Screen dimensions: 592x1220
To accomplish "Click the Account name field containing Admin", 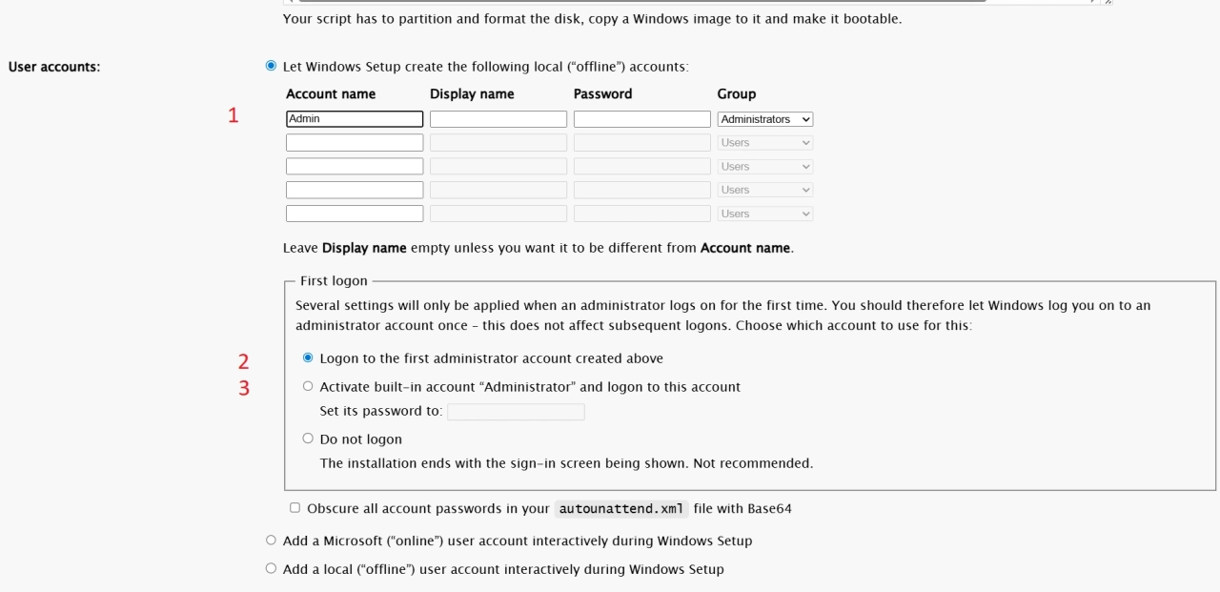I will click(x=354, y=119).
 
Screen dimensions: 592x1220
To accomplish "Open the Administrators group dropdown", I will click(x=764, y=119).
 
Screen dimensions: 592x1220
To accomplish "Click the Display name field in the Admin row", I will click(x=498, y=119).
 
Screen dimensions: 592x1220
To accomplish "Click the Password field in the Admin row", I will click(x=641, y=119).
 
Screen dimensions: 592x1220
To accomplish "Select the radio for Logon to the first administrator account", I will click(x=308, y=358).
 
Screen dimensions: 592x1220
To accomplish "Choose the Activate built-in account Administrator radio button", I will click(x=308, y=387).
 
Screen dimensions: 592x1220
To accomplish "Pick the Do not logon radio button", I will click(x=308, y=439).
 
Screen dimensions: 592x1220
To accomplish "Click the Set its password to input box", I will click(x=516, y=412).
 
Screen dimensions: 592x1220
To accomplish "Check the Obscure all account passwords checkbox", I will click(x=295, y=508).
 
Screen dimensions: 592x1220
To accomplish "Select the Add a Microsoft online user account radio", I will click(x=271, y=541).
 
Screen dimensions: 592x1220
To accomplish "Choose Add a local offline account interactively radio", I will click(x=271, y=569).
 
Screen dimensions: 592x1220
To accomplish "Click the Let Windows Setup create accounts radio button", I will click(x=271, y=67).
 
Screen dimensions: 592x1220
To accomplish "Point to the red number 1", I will click(x=233, y=115).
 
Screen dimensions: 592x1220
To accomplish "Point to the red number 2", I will click(x=243, y=361).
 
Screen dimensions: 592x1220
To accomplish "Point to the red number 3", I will click(x=244, y=388).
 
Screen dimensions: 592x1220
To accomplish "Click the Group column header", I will click(x=736, y=94).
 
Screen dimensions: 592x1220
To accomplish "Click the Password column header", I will click(x=602, y=94).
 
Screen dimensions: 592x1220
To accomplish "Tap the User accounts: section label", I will click(x=54, y=67).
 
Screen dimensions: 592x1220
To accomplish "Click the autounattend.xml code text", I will click(x=620, y=509).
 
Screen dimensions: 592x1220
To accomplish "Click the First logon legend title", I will click(x=334, y=281).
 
